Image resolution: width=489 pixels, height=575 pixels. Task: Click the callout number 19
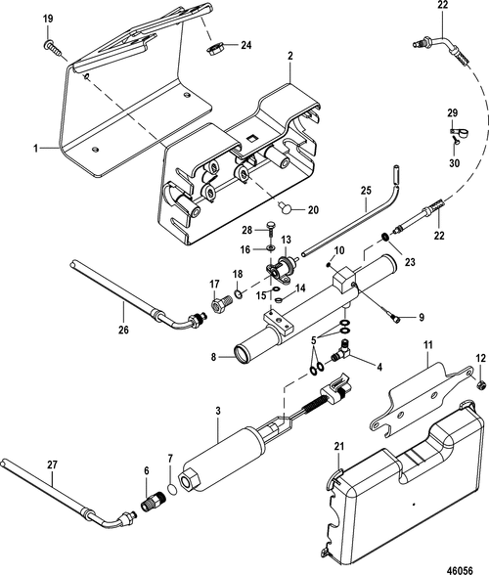49,19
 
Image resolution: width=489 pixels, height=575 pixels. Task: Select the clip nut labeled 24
214,46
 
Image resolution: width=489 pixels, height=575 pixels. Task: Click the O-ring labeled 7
173,489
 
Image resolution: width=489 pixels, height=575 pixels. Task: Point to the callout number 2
289,58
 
